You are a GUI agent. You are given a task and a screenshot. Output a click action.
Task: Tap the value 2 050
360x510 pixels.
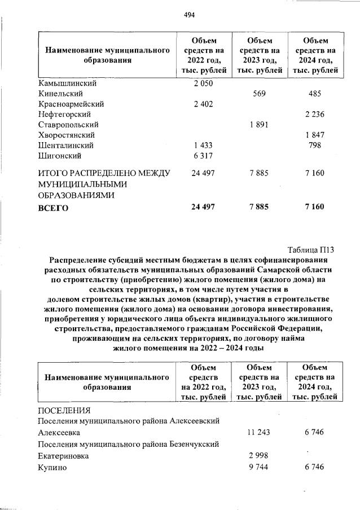point(203,83)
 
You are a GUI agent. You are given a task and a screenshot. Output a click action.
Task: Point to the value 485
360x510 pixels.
point(315,94)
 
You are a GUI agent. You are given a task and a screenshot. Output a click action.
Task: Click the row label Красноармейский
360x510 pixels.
point(71,104)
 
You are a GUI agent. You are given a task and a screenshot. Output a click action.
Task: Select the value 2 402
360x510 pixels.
point(203,104)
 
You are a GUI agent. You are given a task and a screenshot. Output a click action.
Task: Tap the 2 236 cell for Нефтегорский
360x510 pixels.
point(315,115)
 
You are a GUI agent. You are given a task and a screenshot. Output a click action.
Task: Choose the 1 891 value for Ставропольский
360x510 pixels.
point(258,125)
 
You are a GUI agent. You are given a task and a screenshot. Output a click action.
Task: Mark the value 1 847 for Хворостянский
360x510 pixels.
point(315,135)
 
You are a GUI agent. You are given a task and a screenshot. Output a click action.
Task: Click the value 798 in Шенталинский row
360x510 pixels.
point(315,146)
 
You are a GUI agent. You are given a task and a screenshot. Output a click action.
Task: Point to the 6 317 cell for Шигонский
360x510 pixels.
point(203,156)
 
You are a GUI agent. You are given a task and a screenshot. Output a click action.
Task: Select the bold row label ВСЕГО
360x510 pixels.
point(53,208)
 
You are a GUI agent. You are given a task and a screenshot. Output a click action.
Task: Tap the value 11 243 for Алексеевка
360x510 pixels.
point(258,432)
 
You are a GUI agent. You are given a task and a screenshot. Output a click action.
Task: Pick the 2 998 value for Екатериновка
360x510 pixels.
point(258,456)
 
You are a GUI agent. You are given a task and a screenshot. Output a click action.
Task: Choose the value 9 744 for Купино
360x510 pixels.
point(258,468)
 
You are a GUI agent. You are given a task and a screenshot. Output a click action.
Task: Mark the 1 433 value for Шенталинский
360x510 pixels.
point(203,146)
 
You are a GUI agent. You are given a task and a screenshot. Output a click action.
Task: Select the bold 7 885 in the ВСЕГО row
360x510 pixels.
point(258,208)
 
